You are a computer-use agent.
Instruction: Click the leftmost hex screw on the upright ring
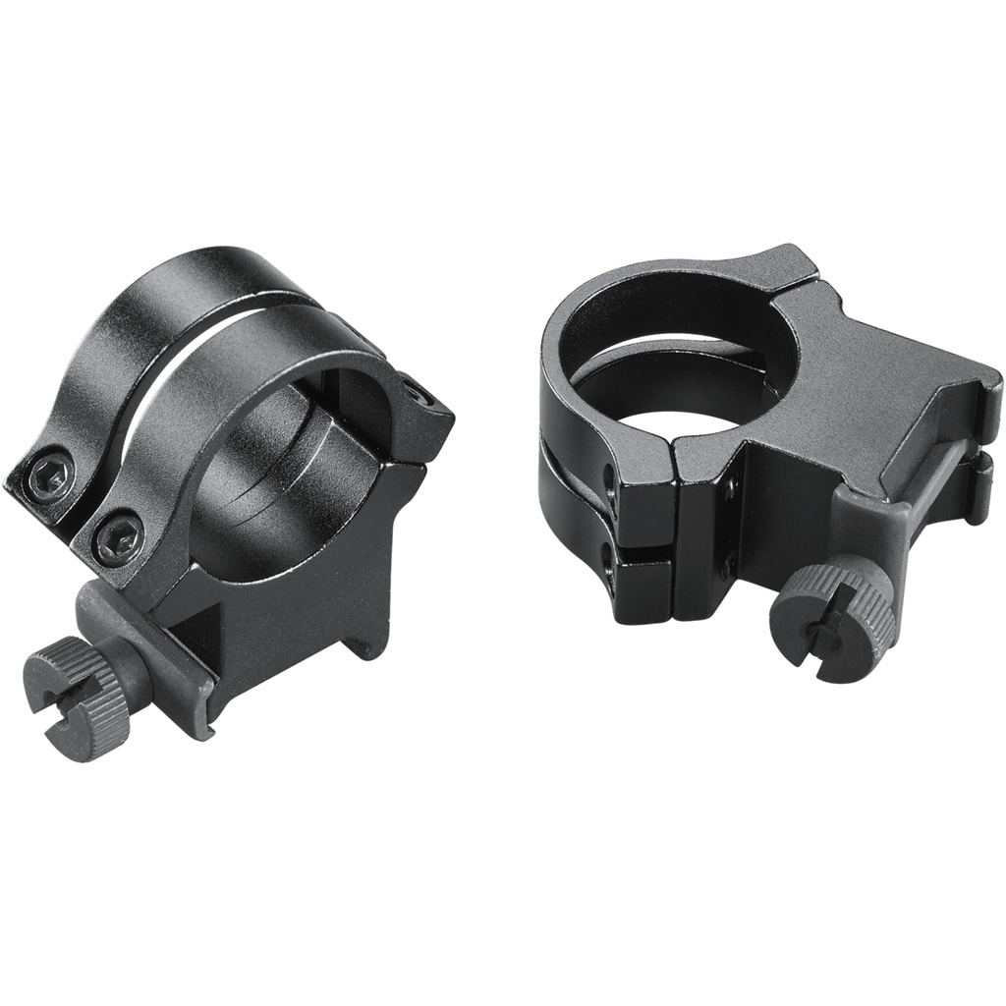49,477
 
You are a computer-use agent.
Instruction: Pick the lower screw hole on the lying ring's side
610,575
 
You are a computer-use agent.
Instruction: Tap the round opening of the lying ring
688,373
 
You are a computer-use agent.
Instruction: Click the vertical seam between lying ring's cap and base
676,531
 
